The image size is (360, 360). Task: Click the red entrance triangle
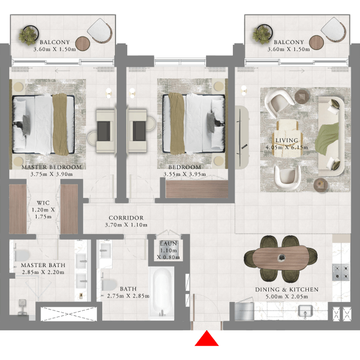point(207,339)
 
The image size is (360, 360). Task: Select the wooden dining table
point(281,258)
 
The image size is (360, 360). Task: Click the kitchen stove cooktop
point(341,272)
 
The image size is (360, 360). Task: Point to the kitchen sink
point(305,311)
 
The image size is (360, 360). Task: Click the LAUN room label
point(169,244)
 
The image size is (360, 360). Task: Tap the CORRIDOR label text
point(126,218)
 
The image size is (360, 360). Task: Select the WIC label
point(43,203)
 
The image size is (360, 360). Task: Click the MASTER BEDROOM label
point(52,167)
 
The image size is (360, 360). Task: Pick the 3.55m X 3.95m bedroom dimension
point(185,174)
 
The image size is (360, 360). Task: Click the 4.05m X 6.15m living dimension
point(287,147)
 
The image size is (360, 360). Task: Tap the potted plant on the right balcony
point(262,34)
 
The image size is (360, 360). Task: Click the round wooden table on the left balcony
point(82,44)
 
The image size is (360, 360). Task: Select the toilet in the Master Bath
point(22,255)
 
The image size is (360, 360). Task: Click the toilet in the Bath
point(109,285)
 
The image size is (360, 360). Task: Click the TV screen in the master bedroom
point(104,131)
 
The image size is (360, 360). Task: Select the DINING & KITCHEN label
point(287,290)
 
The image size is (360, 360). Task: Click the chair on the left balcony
point(100,30)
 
